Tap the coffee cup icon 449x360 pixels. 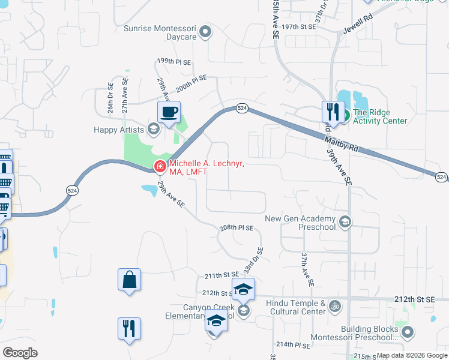click(169, 112)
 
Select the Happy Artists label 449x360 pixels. click(119, 130)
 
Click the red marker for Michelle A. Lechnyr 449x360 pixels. click(160, 167)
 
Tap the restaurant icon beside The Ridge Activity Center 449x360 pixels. click(333, 112)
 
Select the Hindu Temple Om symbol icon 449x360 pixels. click(335, 307)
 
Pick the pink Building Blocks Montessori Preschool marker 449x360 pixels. click(408, 333)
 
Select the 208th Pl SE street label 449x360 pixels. click(237, 228)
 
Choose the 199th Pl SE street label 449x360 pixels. click(173, 61)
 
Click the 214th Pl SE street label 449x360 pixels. click(293, 345)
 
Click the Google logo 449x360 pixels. click(20, 353)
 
